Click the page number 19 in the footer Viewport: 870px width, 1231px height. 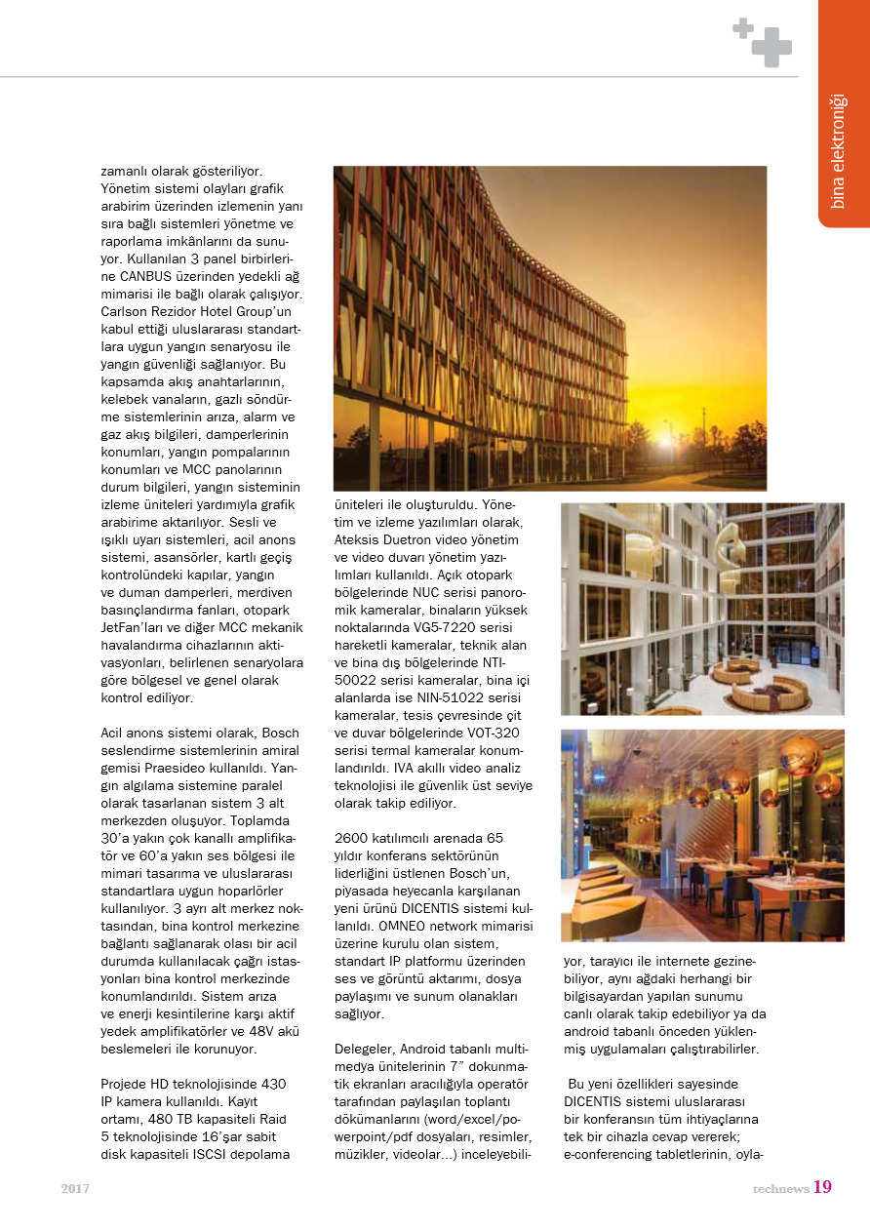[x=822, y=1187]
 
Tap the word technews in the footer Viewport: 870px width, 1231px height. [x=780, y=1189]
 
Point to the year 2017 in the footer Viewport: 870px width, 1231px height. [x=75, y=1189]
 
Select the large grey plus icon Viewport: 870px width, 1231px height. [x=771, y=47]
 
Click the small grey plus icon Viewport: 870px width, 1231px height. [x=743, y=28]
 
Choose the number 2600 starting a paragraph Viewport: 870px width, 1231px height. [x=352, y=838]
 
